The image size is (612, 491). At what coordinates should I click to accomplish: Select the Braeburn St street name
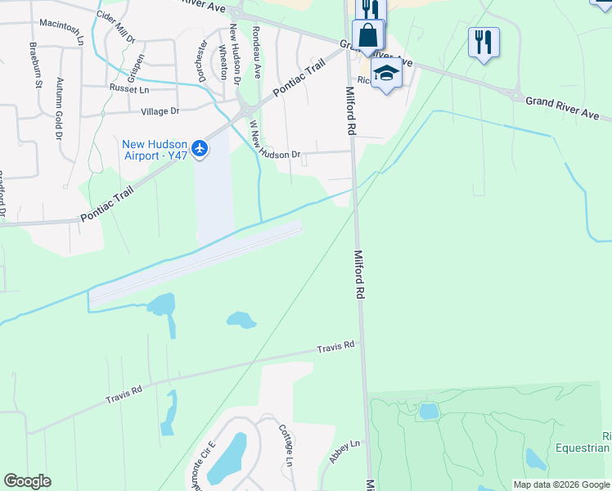coord(34,65)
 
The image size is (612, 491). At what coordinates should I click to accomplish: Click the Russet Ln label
coord(128,87)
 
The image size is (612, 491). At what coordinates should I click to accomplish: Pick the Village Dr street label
coord(160,110)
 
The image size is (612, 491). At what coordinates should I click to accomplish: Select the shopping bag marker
coord(368,37)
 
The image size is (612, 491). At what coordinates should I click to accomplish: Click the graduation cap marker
coord(386,73)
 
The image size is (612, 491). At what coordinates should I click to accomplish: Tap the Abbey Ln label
coord(344,452)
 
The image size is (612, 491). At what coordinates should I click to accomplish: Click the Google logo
coord(27,481)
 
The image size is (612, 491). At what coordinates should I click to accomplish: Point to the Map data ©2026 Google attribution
coord(560,484)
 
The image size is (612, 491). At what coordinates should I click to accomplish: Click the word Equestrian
coord(583,448)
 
